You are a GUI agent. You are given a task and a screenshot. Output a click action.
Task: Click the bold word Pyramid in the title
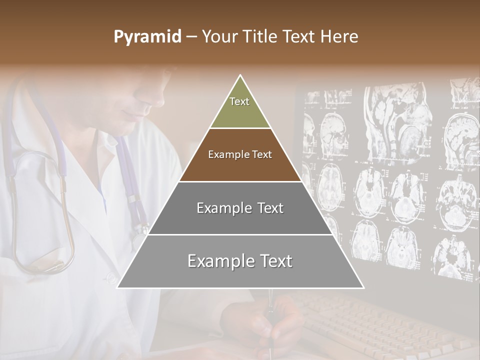pyautogui.click(x=147, y=37)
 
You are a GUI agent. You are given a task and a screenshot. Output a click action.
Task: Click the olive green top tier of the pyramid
pyautogui.click(x=240, y=107)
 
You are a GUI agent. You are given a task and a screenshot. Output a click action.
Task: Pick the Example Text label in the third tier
pyautogui.click(x=240, y=208)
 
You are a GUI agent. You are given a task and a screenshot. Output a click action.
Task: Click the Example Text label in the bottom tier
pyautogui.click(x=240, y=261)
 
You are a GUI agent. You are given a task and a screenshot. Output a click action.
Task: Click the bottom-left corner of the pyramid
pyautogui.click(x=118, y=287)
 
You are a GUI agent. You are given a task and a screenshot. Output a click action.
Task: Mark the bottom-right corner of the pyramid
pyautogui.click(x=363, y=287)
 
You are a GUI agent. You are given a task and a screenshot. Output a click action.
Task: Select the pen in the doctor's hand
pyautogui.click(x=270, y=320)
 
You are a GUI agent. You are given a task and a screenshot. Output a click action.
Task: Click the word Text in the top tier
pyautogui.click(x=239, y=101)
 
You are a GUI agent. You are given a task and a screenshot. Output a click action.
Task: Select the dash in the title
pyautogui.click(x=191, y=37)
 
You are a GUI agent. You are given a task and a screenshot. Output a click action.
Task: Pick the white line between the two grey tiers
pyautogui.click(x=240, y=234)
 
